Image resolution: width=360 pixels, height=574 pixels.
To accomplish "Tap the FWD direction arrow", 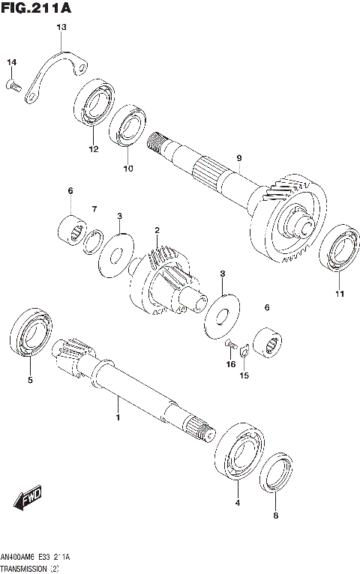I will click(27, 498).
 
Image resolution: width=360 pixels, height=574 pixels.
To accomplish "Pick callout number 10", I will click(127, 169).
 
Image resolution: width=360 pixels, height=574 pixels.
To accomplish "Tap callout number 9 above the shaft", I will click(238, 157).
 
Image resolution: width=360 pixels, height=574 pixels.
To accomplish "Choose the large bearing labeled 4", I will click(238, 454).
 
